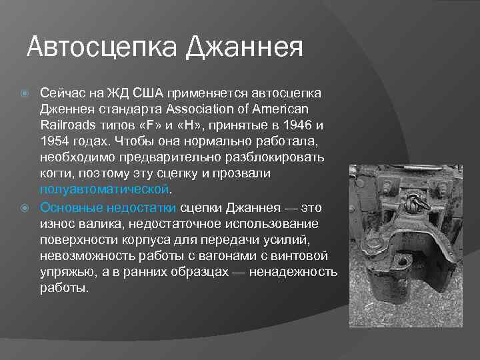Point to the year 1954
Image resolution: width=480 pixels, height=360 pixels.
point(54,141)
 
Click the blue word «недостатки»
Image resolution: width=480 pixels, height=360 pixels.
point(141,207)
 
